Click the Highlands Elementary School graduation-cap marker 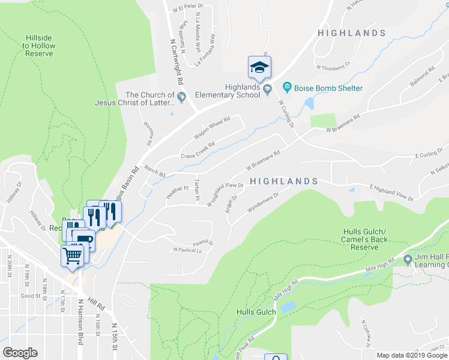pos(259,67)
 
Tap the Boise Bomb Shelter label pos(328,88)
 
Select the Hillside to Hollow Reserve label pos(40,46)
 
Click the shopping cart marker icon pos(72,257)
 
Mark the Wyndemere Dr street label pos(264,203)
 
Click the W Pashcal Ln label pos(188,250)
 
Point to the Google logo pos(20,353)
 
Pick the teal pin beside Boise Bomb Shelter pos(287,88)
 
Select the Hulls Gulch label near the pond pos(256,311)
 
